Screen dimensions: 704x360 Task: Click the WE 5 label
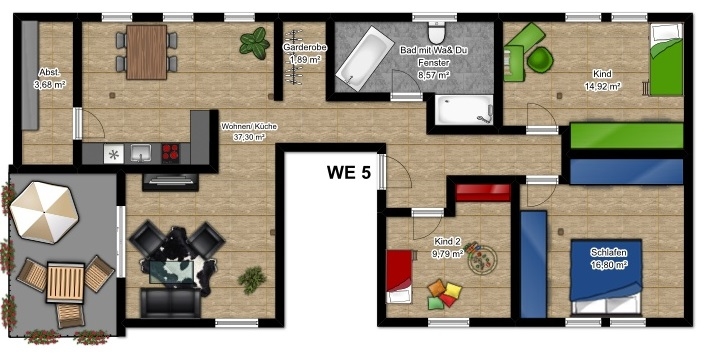coord(349,172)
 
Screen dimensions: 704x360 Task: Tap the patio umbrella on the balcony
coord(44,212)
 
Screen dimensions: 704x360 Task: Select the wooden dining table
coord(146,52)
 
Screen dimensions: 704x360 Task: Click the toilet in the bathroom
coord(436,32)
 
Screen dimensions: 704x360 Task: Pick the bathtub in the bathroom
coord(365,58)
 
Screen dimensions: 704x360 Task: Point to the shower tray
coord(464,110)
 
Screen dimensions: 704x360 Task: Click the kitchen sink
coord(141,153)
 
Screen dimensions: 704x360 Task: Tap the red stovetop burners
coord(170,153)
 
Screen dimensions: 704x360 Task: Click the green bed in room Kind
coord(667,59)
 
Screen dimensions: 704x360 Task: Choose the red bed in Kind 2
coord(399,277)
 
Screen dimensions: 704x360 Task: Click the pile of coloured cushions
coord(444,294)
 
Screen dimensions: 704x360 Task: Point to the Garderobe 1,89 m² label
coord(304,53)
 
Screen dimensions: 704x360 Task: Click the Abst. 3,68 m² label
coord(49,78)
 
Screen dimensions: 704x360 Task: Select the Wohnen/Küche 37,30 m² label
coord(248,132)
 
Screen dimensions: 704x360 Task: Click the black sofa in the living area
coord(170,303)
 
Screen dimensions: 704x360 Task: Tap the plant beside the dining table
coord(255,43)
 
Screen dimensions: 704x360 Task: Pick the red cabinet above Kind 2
coord(483,193)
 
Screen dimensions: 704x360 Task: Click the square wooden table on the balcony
coord(66,282)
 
